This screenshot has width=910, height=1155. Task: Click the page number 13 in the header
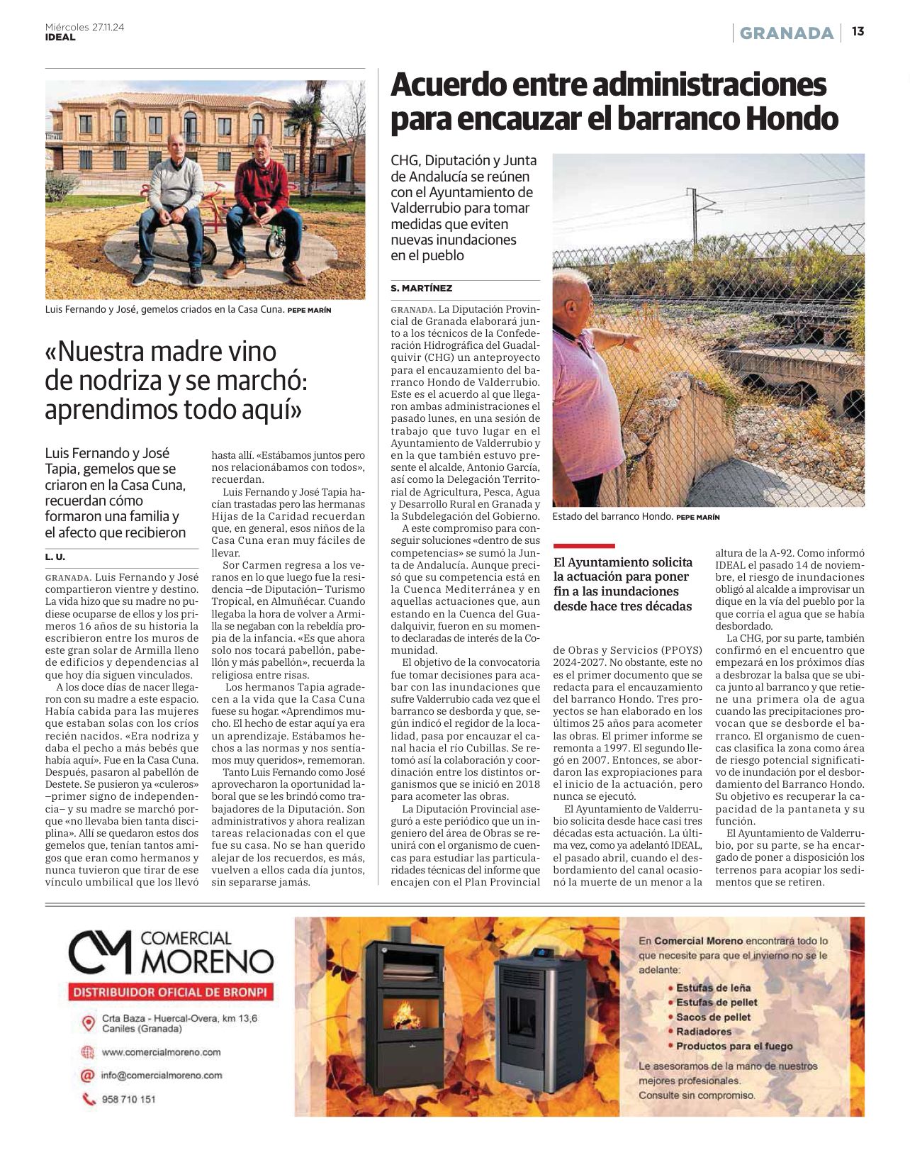(x=858, y=32)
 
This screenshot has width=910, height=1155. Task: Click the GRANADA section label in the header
(x=787, y=33)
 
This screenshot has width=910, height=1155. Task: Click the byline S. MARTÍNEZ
(x=421, y=288)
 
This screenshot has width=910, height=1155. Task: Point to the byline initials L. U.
(x=55, y=557)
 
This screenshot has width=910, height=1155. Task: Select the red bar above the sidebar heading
(x=583, y=545)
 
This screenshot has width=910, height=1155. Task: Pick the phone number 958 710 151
(x=128, y=1100)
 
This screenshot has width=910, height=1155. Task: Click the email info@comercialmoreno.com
(x=162, y=1075)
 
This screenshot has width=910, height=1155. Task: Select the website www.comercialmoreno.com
(x=161, y=1052)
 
